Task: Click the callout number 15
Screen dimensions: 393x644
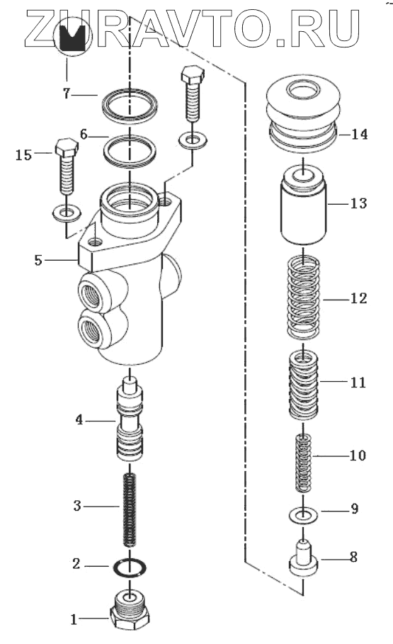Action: point(23,155)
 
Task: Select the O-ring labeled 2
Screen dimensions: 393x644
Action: point(129,567)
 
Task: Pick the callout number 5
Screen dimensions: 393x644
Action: point(38,260)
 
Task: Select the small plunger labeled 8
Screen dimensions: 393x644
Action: point(304,559)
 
